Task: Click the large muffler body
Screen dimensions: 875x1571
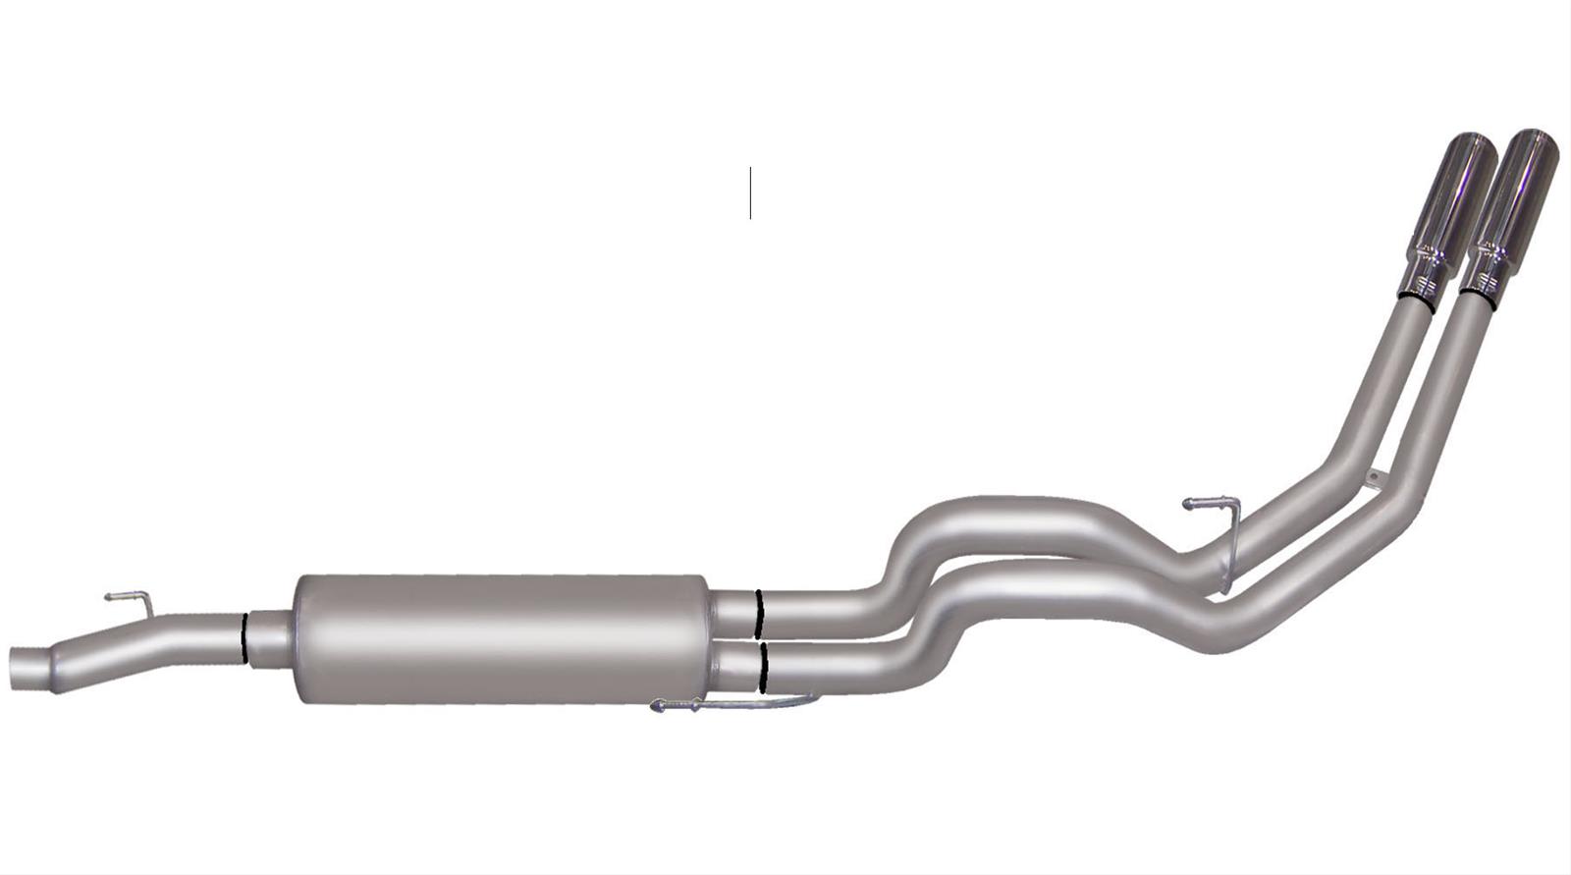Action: pyautogui.click(x=501, y=638)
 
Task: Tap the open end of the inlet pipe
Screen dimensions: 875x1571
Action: pyautogui.click(x=22, y=668)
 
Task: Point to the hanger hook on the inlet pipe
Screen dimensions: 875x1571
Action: pyautogui.click(x=129, y=597)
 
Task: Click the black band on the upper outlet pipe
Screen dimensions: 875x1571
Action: pyautogui.click(x=758, y=613)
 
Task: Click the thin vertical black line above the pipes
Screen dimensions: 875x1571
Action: pyautogui.click(x=750, y=192)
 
